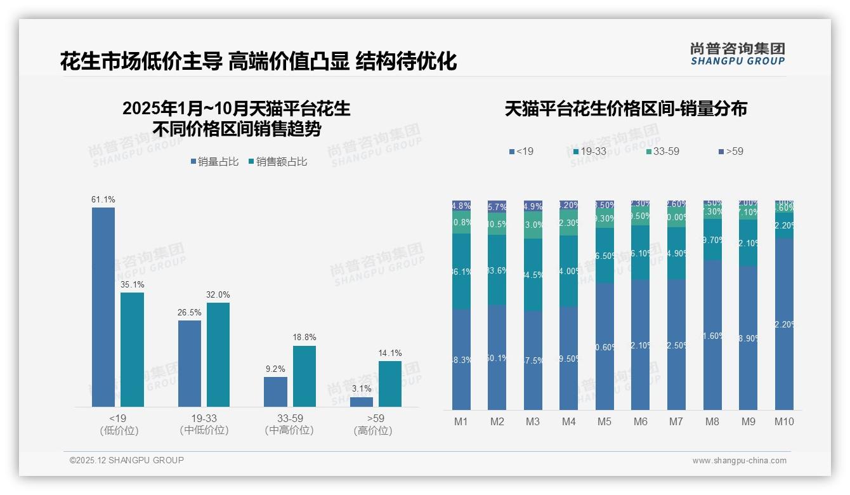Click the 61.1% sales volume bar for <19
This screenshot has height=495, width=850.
click(103, 307)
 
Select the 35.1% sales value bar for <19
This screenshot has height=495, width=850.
click(132, 350)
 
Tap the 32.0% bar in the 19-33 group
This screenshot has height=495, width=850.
click(218, 355)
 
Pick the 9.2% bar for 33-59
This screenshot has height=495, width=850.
click(275, 392)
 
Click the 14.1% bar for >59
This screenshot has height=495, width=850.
click(390, 384)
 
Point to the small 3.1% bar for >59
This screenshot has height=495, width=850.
click(362, 402)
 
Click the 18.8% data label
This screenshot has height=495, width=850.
click(304, 338)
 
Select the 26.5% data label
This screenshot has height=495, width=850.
click(190, 312)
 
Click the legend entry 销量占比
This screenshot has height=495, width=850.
click(214, 162)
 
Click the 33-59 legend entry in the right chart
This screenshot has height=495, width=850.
click(663, 151)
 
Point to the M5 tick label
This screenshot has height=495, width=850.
click(605, 421)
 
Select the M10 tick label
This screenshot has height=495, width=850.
click(784, 421)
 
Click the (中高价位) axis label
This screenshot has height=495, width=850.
click(289, 430)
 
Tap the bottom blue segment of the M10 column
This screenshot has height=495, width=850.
click(784, 324)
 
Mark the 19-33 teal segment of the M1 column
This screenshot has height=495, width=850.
click(461, 272)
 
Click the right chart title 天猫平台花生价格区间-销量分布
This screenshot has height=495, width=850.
click(625, 109)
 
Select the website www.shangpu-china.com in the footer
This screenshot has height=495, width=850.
click(739, 461)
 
